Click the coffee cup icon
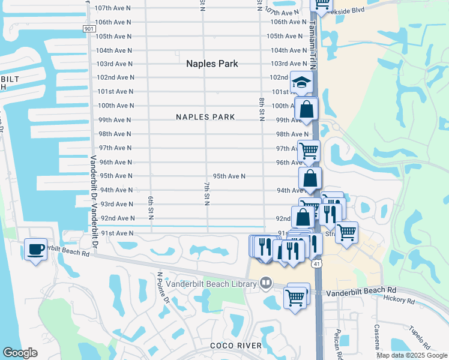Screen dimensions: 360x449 point(35,249)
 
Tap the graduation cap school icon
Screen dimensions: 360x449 point(302,83)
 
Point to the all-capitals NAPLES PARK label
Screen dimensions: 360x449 point(205,117)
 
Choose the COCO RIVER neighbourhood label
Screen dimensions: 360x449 point(236,345)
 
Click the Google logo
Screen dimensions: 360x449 point(20,353)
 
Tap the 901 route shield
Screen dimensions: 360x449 point(89,29)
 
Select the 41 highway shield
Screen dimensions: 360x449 point(316,263)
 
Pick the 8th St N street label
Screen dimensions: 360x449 point(262,109)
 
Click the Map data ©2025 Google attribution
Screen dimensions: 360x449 point(411,355)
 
